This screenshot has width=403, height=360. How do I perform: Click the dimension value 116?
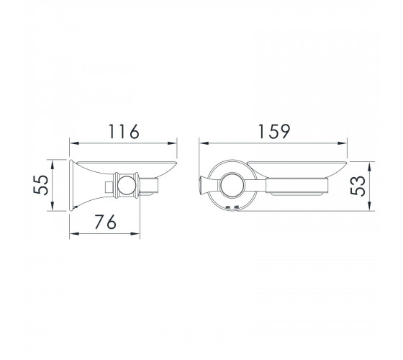click(x=124, y=131)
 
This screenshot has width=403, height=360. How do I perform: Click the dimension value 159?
click(x=274, y=131)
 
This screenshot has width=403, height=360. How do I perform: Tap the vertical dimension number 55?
click(x=41, y=185)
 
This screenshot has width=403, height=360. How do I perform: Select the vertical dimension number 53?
click(x=358, y=186)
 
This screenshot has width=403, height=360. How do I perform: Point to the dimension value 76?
click(x=105, y=222)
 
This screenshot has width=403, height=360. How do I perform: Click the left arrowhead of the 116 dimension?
click(x=74, y=143)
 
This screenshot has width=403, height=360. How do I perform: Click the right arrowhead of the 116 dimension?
click(x=172, y=143)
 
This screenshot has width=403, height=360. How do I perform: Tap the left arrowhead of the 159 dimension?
click(x=204, y=143)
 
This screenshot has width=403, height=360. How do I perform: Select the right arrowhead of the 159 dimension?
click(x=343, y=143)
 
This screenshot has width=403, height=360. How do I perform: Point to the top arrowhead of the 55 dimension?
click(x=52, y=165)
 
